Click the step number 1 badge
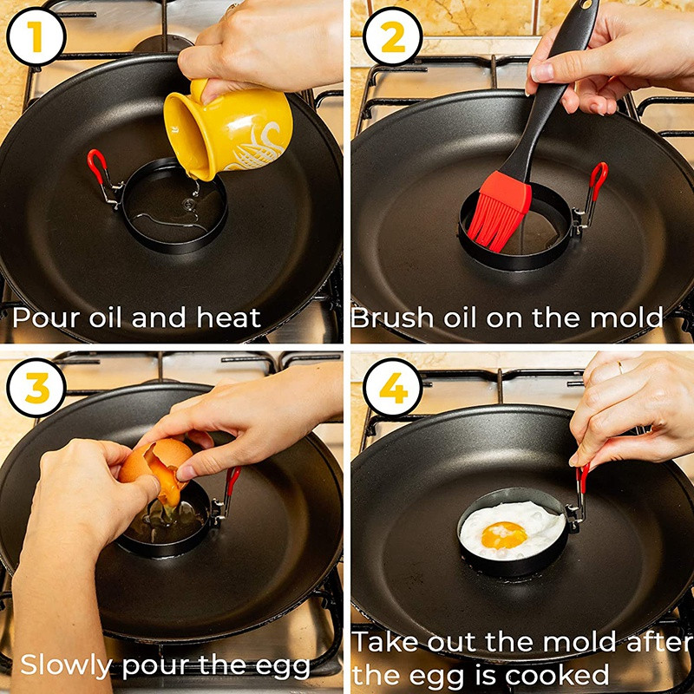(36, 36)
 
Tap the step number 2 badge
(393, 36)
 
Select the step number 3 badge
(36, 388)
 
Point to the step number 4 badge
(393, 388)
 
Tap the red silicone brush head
(501, 210)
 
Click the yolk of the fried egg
(504, 534)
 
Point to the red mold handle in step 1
(97, 166)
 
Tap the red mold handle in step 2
(599, 180)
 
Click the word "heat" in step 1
(228, 318)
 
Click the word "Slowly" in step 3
(66, 665)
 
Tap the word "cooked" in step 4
(557, 676)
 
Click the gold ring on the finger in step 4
(620, 367)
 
